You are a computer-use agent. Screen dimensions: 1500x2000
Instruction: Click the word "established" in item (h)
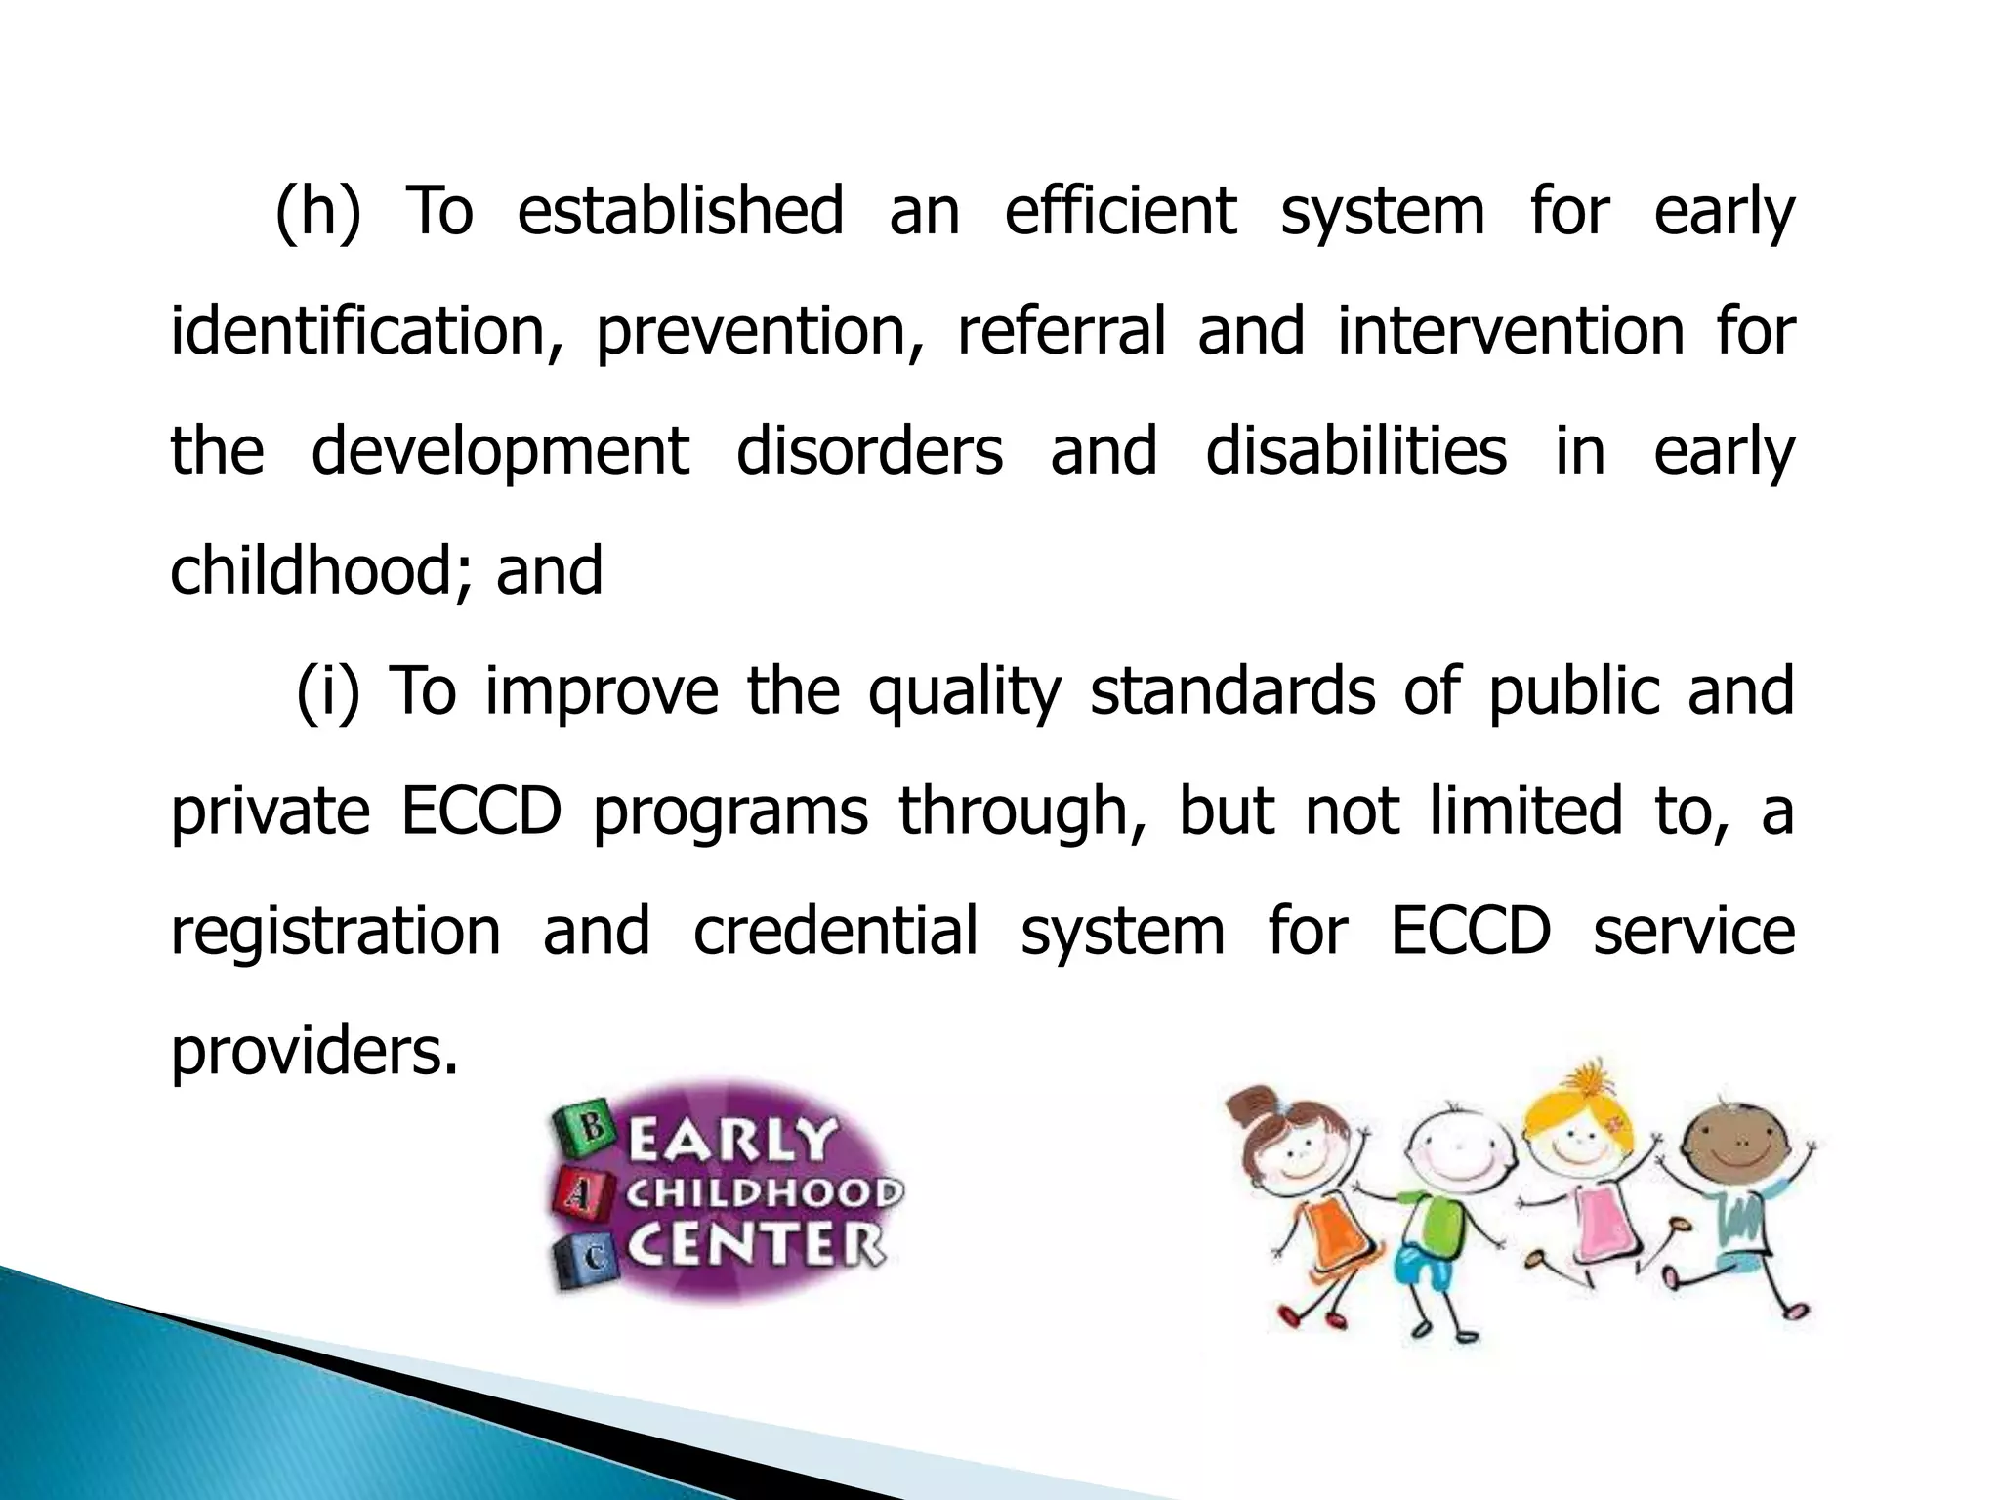(680, 210)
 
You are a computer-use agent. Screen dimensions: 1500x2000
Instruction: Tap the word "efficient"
(1120, 210)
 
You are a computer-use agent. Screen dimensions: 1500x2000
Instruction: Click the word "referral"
(1062, 330)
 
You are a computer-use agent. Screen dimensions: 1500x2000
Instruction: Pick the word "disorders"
(869, 451)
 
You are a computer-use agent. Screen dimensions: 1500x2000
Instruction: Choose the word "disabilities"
(1355, 451)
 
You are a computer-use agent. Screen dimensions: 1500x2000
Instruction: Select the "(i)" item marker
(328, 691)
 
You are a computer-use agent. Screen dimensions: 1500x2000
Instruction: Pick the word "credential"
(835, 931)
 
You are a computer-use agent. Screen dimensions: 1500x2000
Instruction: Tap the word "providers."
(313, 1053)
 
